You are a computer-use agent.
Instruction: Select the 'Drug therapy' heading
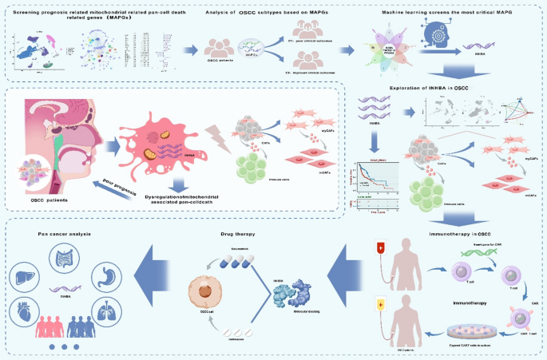[x=237, y=234]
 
